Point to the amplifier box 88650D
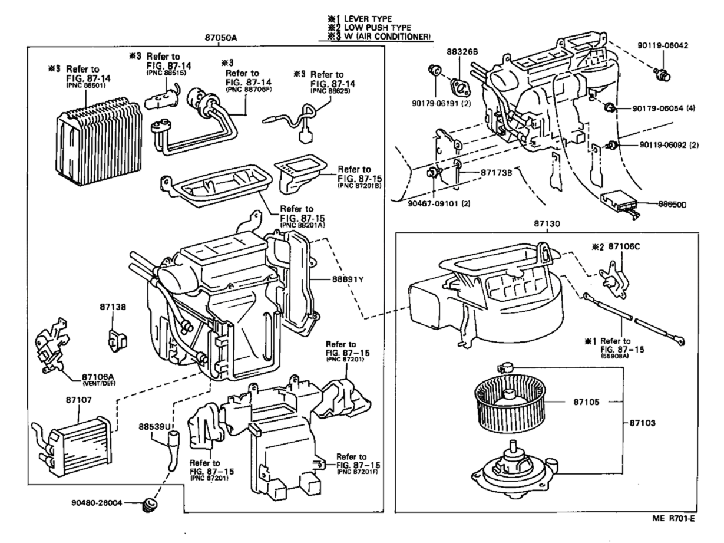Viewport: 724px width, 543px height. (620, 205)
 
